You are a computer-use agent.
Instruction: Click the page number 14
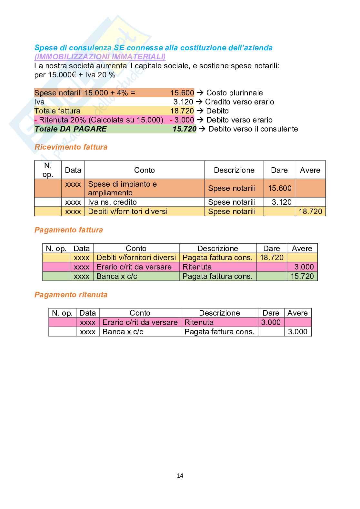(180, 475)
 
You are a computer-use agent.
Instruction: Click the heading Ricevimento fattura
(71, 147)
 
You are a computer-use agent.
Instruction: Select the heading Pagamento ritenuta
(71, 295)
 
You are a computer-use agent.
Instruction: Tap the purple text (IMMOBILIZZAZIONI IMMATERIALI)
(100, 57)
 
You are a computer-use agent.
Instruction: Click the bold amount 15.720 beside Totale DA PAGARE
(184, 129)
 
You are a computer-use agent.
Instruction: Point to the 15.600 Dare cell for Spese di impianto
(279, 188)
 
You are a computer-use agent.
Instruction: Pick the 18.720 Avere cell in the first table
(310, 211)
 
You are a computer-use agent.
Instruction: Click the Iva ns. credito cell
(112, 202)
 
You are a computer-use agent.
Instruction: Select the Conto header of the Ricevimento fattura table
(144, 170)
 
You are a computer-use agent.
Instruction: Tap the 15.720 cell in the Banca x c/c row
(302, 276)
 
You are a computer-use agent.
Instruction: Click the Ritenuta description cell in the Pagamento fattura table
(197, 267)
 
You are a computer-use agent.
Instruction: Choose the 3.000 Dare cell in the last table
(271, 322)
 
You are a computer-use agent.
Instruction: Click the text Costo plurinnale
(235, 93)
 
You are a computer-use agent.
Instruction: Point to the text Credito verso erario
(239, 102)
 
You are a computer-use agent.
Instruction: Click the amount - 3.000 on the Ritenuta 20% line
(182, 120)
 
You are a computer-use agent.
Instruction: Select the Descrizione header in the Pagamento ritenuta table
(219, 313)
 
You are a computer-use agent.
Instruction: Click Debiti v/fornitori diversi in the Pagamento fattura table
(136, 258)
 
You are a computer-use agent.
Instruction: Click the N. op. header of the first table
(48, 170)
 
